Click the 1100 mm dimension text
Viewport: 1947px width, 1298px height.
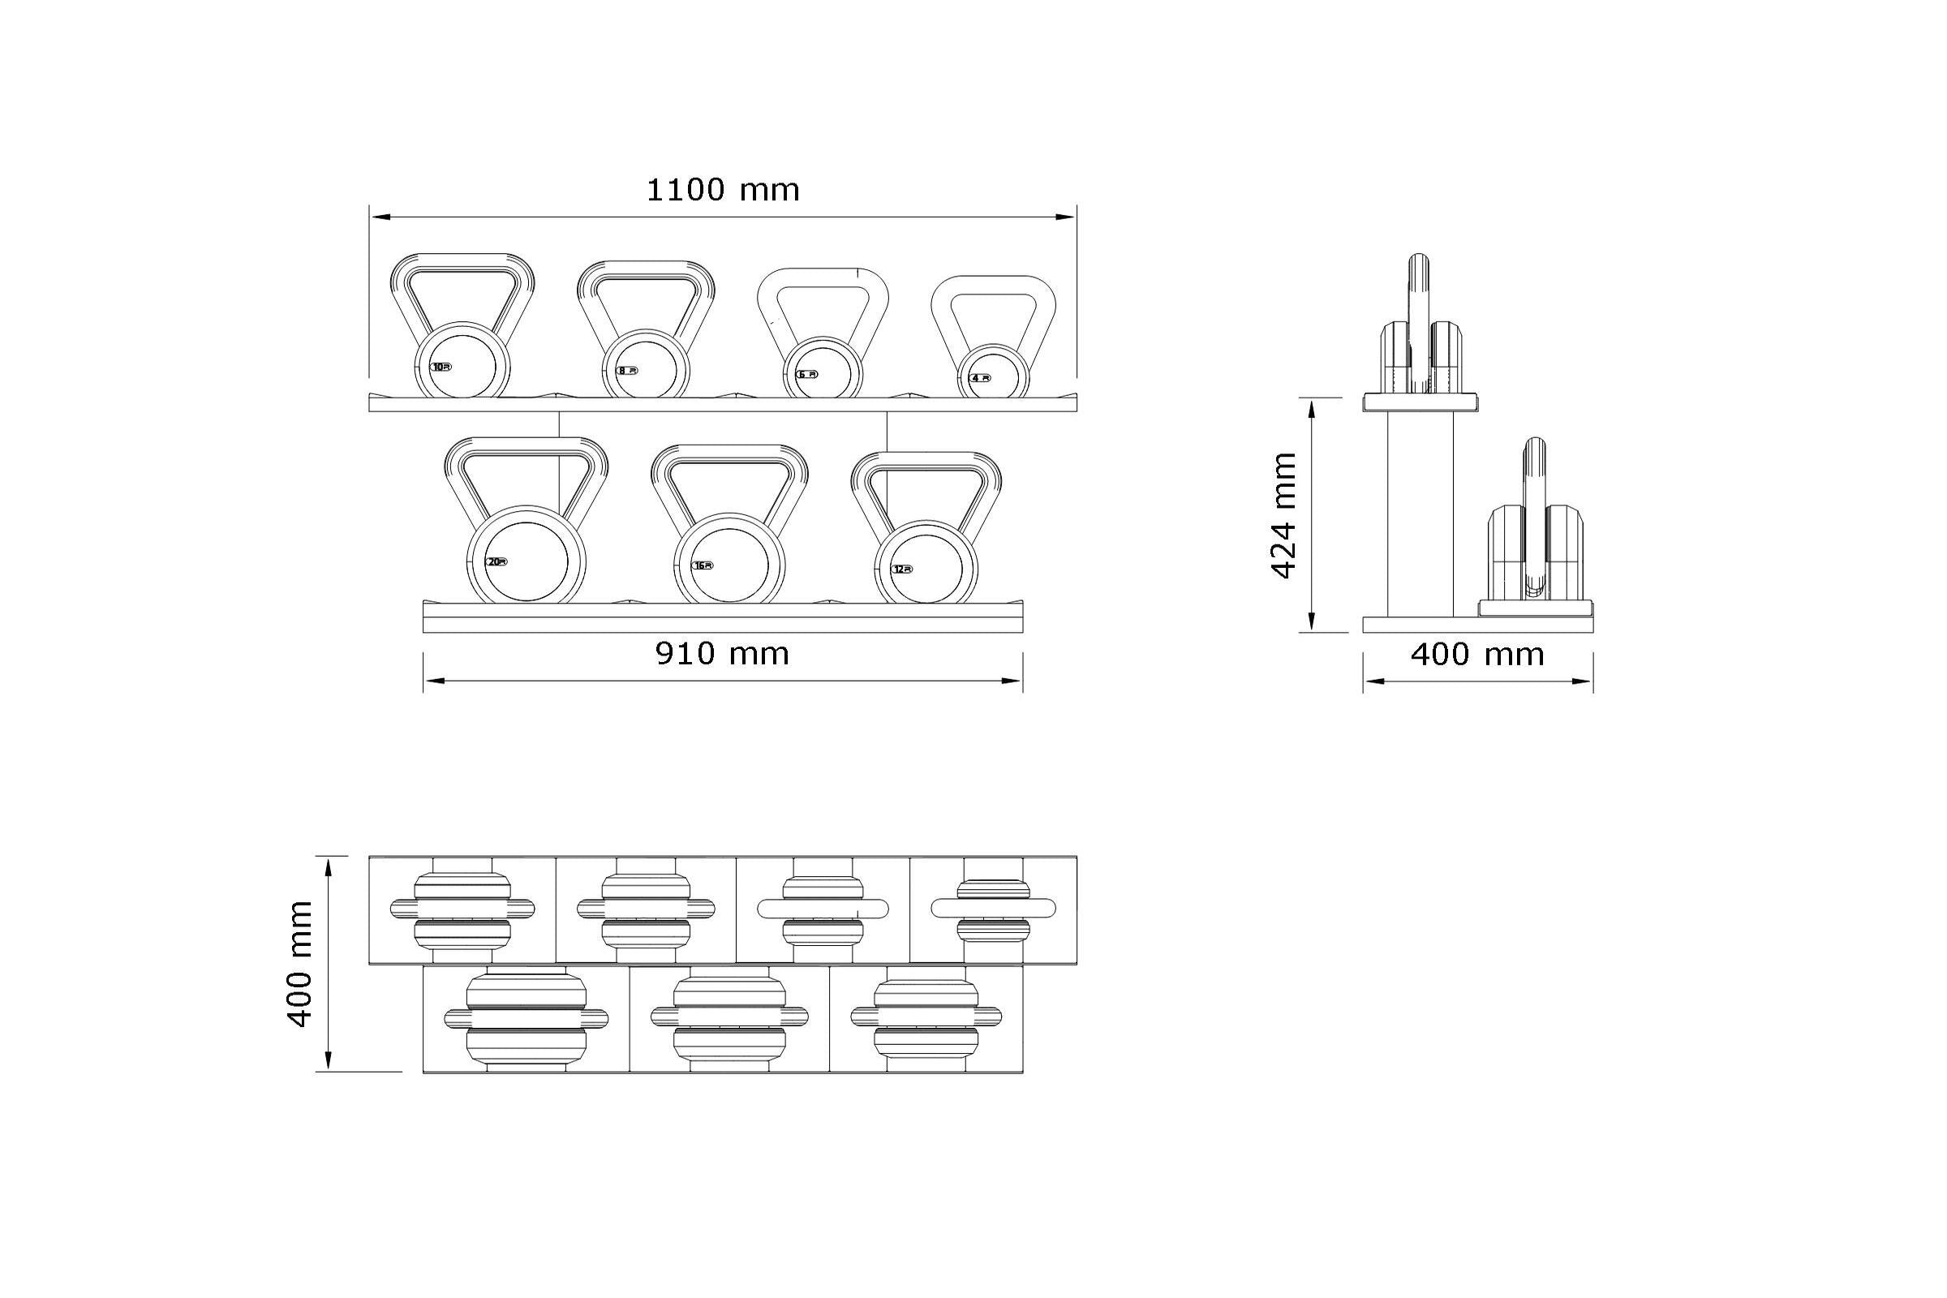click(x=722, y=191)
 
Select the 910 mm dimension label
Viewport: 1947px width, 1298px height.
click(x=722, y=654)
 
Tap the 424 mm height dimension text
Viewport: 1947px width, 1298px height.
click(x=1283, y=515)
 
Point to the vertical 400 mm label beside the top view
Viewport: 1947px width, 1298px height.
click(x=299, y=964)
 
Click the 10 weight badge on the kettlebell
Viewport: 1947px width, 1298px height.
click(x=441, y=367)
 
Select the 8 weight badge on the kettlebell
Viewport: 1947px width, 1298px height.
click(x=627, y=371)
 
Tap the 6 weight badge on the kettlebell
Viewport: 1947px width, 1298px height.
click(x=806, y=374)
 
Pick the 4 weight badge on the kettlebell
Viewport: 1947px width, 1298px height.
click(x=979, y=378)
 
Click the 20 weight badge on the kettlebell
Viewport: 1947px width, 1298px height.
click(x=496, y=562)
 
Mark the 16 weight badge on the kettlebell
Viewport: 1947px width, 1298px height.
click(x=702, y=565)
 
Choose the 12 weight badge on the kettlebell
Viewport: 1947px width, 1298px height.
click(x=901, y=569)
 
